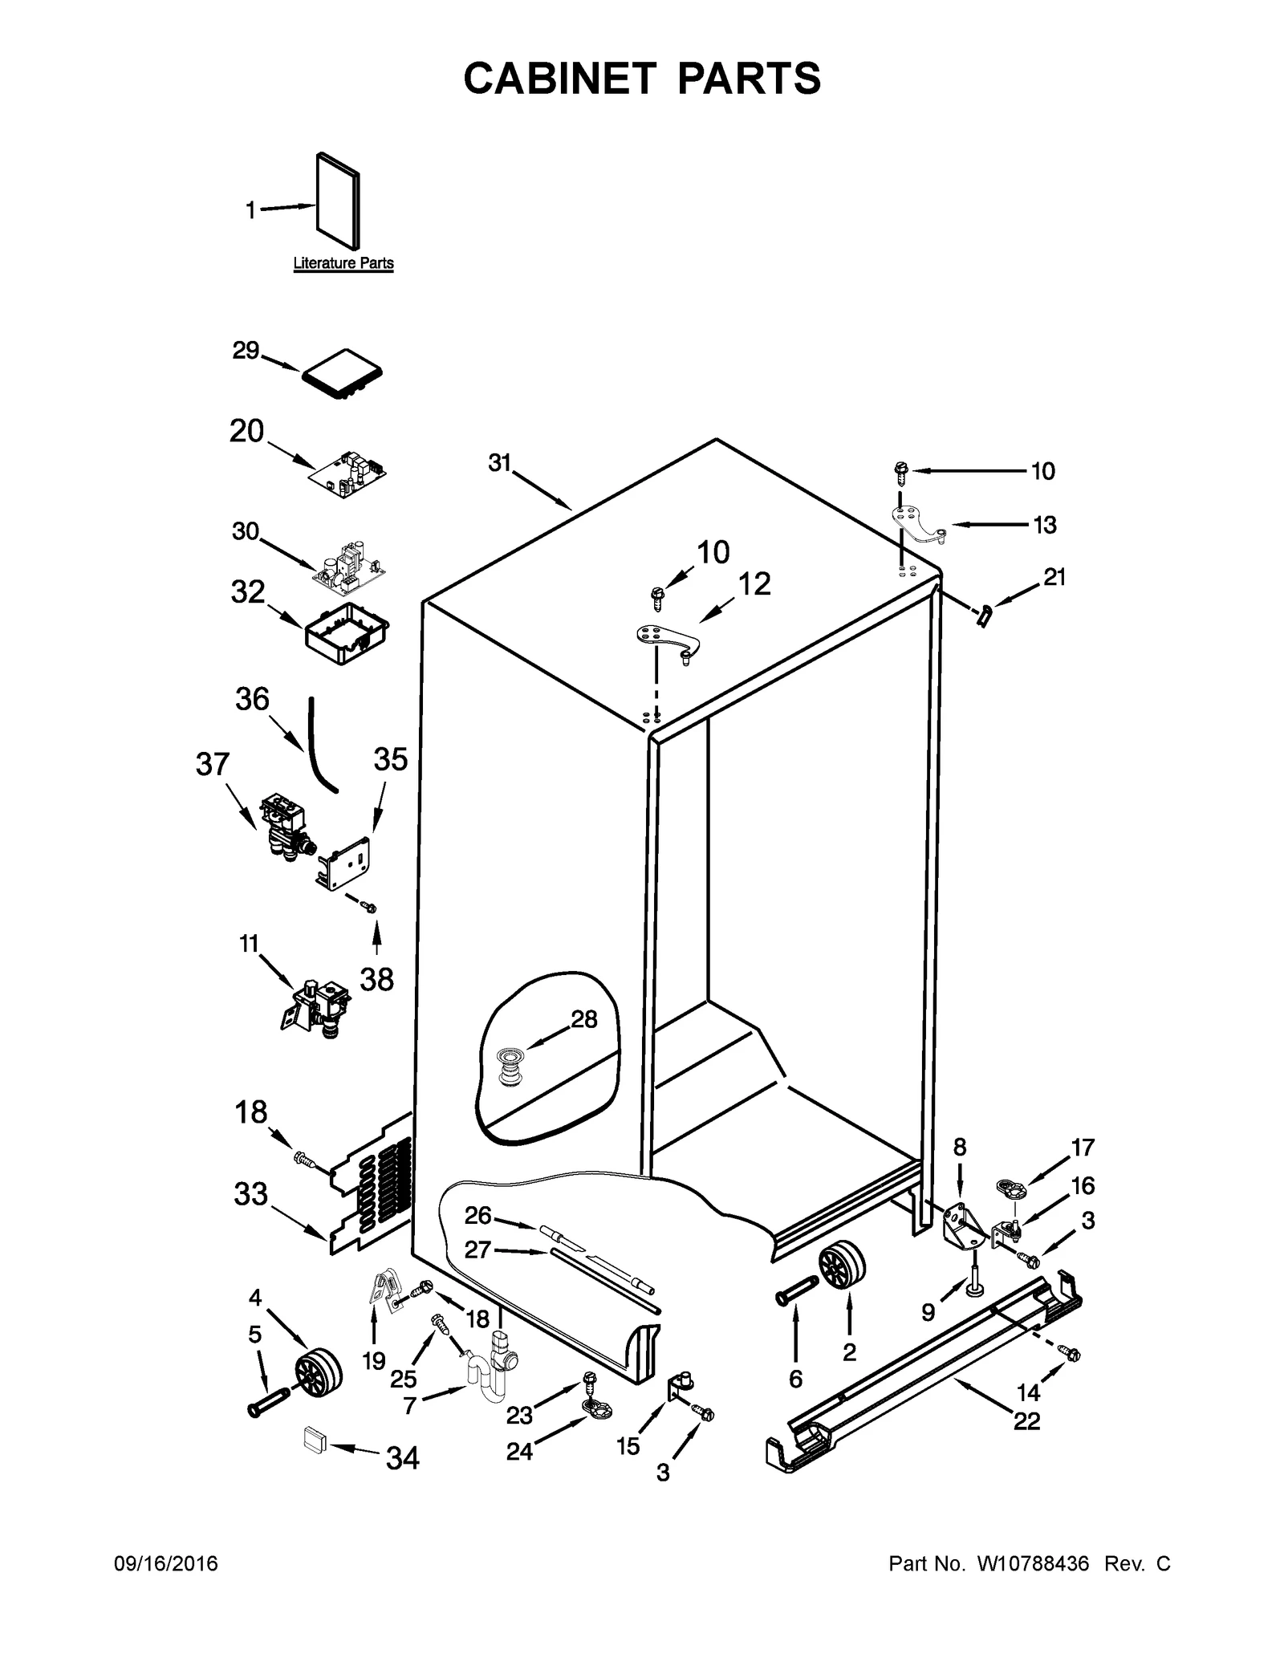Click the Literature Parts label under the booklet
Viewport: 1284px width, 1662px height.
(343, 262)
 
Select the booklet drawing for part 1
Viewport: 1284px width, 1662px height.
(338, 201)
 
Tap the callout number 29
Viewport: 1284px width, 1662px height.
(246, 351)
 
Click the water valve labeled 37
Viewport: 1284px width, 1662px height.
(285, 827)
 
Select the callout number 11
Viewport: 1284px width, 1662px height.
(248, 943)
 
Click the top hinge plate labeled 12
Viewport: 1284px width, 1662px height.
(668, 640)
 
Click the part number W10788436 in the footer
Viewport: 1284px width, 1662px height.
(1032, 1564)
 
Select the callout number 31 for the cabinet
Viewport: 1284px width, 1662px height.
(499, 463)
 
